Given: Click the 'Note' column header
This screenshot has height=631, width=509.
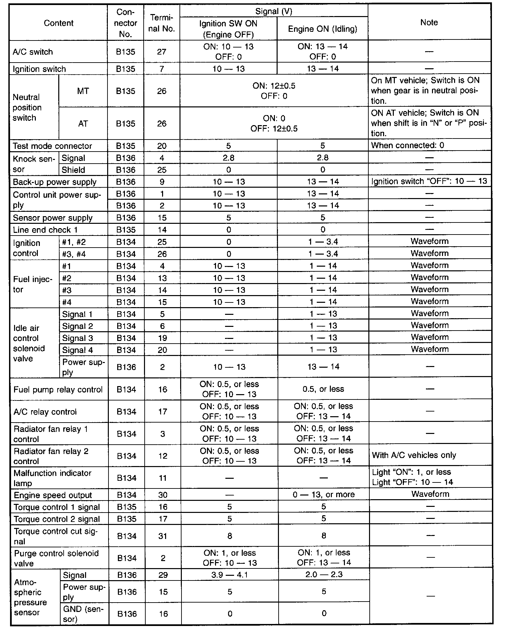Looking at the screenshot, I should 429,22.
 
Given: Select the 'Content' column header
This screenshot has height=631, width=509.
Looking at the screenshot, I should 59,23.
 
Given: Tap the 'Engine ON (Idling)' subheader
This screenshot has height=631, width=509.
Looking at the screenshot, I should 322,29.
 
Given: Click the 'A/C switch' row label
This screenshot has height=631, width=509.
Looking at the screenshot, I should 33,52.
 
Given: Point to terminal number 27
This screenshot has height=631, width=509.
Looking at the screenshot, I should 162,52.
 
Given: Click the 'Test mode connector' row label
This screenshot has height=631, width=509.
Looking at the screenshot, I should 52,146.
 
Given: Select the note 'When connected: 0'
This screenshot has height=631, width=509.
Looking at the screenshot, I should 408,145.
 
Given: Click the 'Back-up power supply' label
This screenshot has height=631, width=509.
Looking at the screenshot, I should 55,182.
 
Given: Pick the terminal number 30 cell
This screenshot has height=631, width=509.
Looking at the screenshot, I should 163,495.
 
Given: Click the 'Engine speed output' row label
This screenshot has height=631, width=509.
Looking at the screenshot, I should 53,495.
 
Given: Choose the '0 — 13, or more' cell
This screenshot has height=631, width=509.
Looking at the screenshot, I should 323,494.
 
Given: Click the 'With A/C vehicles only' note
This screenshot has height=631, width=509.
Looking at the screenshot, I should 414,455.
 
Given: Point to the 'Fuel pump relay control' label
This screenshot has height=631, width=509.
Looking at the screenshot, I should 58,389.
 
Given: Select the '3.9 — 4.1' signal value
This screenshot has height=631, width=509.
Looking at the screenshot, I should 230,574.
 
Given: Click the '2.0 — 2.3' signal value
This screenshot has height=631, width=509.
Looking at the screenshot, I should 323,574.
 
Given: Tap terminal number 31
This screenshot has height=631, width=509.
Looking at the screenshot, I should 163,536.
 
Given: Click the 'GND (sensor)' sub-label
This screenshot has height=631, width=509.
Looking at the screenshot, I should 83,614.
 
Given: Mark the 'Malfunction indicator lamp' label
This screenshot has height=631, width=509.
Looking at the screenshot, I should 52,478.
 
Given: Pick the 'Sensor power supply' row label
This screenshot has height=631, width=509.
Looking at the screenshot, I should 53,218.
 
